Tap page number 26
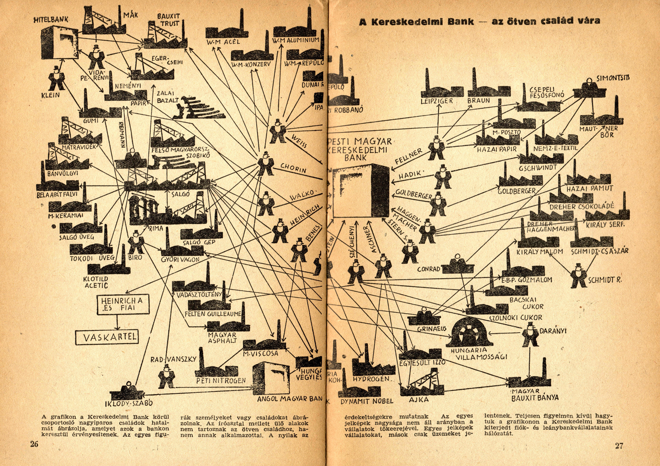34,444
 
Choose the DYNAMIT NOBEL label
367,401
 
